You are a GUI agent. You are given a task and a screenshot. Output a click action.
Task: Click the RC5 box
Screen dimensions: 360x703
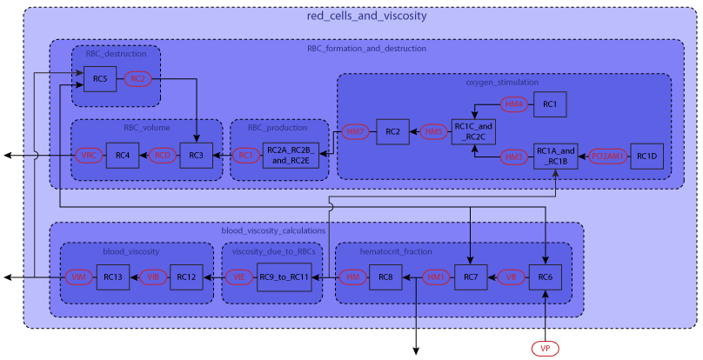click(100, 79)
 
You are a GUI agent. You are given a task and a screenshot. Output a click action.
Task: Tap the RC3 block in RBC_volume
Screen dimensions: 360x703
click(196, 156)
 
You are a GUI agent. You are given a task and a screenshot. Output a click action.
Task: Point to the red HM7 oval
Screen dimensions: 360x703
click(354, 132)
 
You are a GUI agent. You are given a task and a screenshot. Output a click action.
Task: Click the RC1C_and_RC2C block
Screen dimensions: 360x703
click(473, 132)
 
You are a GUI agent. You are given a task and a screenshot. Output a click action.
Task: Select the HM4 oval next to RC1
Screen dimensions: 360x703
click(516, 104)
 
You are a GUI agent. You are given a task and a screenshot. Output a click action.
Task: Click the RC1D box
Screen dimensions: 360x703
click(646, 157)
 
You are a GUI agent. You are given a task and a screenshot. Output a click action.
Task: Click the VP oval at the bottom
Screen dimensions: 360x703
click(545, 348)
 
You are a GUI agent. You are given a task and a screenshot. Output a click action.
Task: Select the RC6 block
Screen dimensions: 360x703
click(545, 277)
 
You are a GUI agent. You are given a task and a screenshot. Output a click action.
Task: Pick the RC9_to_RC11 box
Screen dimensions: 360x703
click(285, 277)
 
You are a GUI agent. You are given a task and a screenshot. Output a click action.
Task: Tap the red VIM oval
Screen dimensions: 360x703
click(79, 277)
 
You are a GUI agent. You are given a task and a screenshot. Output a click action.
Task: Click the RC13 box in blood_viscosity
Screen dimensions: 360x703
click(112, 277)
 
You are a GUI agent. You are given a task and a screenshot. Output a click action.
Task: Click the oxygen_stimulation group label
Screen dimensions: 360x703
click(503, 83)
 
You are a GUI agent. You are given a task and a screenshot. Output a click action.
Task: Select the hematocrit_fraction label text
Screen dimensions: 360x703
click(396, 252)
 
